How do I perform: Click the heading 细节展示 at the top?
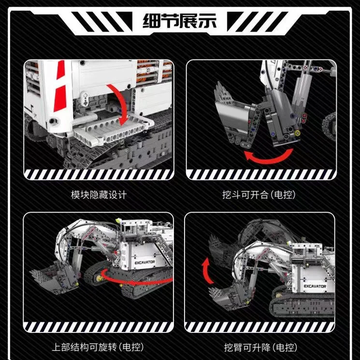(180, 21)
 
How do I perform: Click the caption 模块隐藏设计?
(98, 195)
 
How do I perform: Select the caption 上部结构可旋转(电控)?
(98, 347)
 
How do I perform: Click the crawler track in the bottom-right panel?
(300, 309)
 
